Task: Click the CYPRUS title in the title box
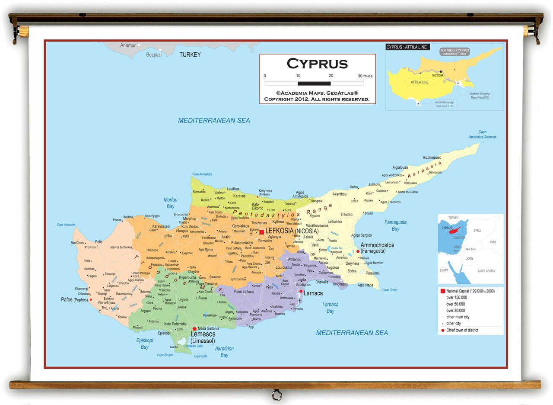(317, 64)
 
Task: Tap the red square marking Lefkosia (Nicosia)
(262, 232)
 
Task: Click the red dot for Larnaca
(301, 291)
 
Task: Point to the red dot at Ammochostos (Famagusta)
(358, 251)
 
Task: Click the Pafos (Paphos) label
(74, 299)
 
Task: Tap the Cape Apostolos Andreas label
(482, 135)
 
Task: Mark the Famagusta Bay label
(395, 225)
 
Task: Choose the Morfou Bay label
(170, 203)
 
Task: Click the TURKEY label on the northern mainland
(190, 55)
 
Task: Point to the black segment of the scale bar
(314, 83)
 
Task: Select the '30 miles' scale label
(365, 76)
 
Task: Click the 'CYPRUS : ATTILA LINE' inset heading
(407, 47)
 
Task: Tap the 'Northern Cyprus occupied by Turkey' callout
(454, 52)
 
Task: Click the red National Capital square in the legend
(442, 291)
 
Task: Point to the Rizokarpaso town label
(432, 157)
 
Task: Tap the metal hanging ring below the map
(276, 394)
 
